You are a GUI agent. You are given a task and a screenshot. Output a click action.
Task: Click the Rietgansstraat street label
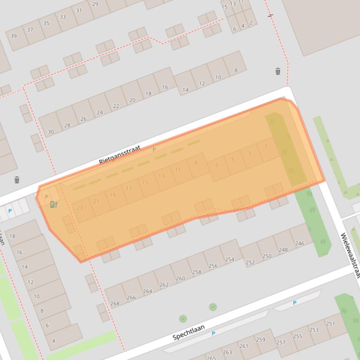pyautogui.click(x=119, y=155)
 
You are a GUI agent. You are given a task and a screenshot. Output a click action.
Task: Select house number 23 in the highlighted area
pyautogui.click(x=80, y=208)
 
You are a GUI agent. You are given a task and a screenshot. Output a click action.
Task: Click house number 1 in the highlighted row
pyautogui.click(x=266, y=146)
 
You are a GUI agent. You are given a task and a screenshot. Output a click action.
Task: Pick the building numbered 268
pyautogui.click(x=115, y=303)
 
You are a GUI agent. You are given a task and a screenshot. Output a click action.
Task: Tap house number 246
pyautogui.click(x=300, y=243)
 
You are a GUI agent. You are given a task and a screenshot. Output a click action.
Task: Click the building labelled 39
pyautogui.click(x=14, y=36)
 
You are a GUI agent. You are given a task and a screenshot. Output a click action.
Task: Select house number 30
pyautogui.click(x=51, y=132)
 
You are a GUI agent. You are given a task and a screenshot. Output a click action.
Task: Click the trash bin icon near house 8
pyautogui.click(x=278, y=71)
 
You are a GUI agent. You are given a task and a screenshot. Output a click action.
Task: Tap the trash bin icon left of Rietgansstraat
pyautogui.click(x=17, y=180)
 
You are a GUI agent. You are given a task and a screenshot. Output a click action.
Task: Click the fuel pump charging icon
pyautogui.click(x=53, y=204)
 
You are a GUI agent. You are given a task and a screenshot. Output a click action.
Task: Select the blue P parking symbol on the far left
pyautogui.click(x=10, y=211)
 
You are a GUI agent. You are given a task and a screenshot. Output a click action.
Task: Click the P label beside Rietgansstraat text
pyautogui.click(x=154, y=150)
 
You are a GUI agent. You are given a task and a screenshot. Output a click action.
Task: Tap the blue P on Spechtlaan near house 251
pyautogui.click(x=294, y=303)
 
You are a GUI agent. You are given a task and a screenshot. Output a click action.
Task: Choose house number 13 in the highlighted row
pyautogui.click(x=162, y=176)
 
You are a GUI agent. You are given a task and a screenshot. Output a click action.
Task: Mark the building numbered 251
pyautogui.click(x=330, y=324)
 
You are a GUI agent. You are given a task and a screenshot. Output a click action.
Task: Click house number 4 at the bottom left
pyautogui.click(x=53, y=341)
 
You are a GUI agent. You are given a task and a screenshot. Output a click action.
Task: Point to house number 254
pyautogui.click(x=229, y=259)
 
